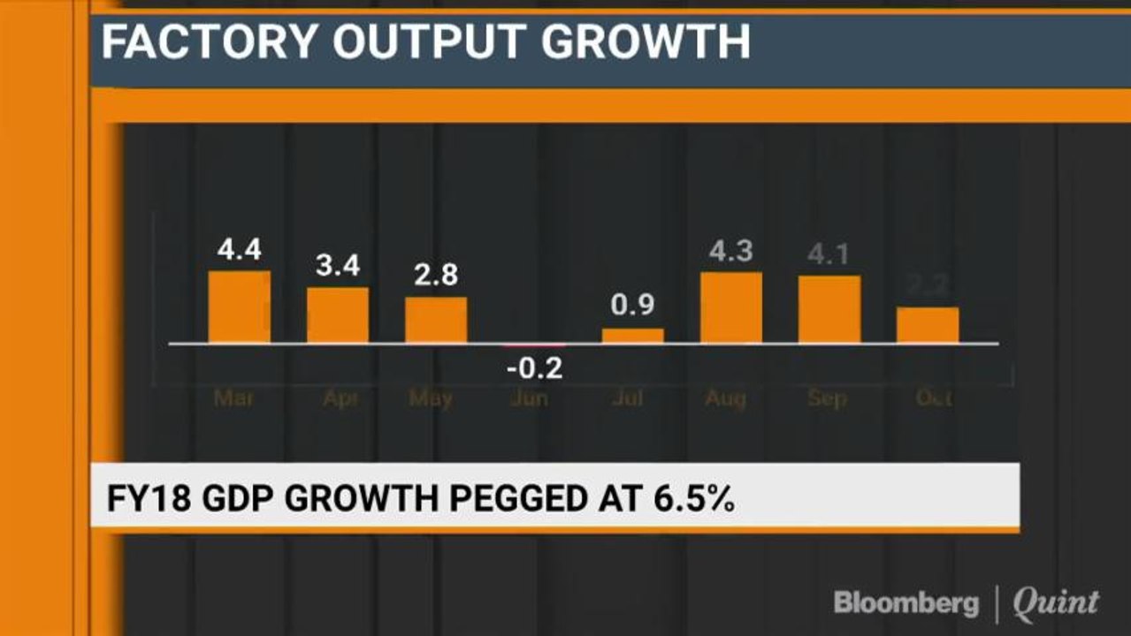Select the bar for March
(239, 307)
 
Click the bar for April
(338, 314)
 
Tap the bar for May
(436, 320)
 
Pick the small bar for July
(632, 336)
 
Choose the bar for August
(730, 307)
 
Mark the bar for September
(829, 309)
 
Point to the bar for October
(927, 325)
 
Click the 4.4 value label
(239, 252)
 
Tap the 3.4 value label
(338, 266)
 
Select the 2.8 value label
(436, 276)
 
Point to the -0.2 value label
(534, 368)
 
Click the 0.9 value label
(632, 307)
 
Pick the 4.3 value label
(730, 252)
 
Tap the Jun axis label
(529, 398)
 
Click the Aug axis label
(725, 398)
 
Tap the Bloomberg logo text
(906, 603)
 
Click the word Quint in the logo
(1055, 603)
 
